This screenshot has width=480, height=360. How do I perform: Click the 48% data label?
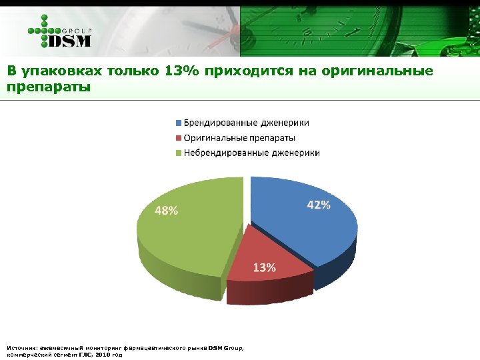(x=167, y=211)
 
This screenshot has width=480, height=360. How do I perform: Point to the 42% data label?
(x=318, y=205)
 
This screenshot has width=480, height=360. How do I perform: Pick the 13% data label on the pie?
(x=264, y=268)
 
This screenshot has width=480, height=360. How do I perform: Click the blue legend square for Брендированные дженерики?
(x=178, y=123)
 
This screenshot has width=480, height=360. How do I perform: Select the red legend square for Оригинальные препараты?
(x=178, y=138)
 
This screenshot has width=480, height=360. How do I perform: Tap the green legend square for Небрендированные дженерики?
(x=178, y=153)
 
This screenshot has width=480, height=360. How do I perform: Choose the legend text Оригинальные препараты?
(x=239, y=138)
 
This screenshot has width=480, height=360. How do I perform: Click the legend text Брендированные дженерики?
(x=246, y=123)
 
